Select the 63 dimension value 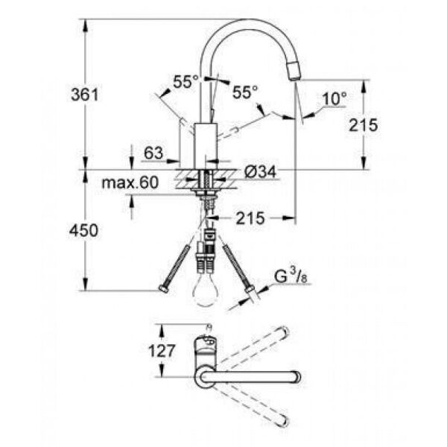pyautogui.click(x=153, y=153)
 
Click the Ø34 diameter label pyautogui.click(x=259, y=172)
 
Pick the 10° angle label pyautogui.click(x=335, y=98)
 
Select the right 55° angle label pyautogui.click(x=244, y=92)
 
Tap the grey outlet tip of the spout pyautogui.click(x=294, y=72)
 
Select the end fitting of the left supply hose pyautogui.click(x=163, y=288)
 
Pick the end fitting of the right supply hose pyautogui.click(x=249, y=288)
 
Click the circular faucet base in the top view pyautogui.click(x=204, y=378)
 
